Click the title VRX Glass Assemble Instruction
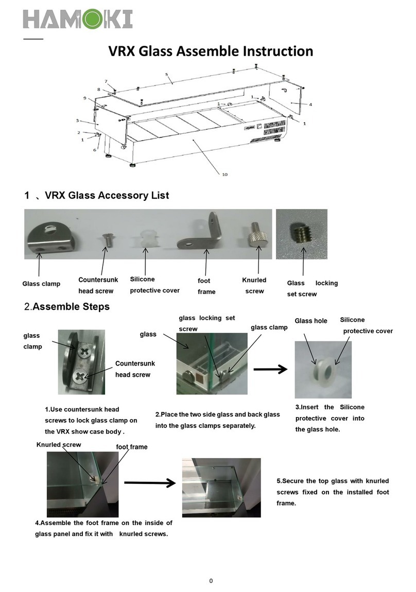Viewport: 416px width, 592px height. pyautogui.click(x=210, y=51)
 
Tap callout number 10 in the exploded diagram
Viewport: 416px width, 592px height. pyautogui.click(x=224, y=174)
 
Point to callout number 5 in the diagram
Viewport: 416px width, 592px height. pyautogui.click(x=166, y=74)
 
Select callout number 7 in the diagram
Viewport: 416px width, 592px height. pyautogui.click(x=106, y=81)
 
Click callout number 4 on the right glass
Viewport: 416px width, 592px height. pyautogui.click(x=310, y=105)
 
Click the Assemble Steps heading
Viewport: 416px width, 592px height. pyautogui.click(x=67, y=307)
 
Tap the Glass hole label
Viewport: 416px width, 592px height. pyautogui.click(x=310, y=321)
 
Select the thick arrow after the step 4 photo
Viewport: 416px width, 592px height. pyautogui.click(x=149, y=483)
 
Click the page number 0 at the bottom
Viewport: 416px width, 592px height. pyautogui.click(x=211, y=581)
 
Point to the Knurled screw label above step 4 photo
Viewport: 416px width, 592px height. pyautogui.click(x=59, y=444)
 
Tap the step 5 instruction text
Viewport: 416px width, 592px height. pyautogui.click(x=333, y=492)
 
